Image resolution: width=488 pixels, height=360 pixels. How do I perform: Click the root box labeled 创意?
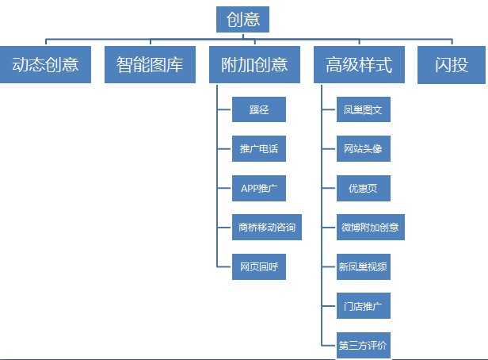point(242,19)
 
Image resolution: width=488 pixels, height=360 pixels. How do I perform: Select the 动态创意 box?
point(45,64)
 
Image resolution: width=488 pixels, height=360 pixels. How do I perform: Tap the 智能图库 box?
point(150,64)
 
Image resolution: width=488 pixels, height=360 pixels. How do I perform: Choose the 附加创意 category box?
point(254,64)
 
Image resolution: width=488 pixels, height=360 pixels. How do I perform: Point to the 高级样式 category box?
point(359,64)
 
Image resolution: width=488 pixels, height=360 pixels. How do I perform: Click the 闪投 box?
point(452,65)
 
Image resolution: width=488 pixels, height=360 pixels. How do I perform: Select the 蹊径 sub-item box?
point(259,109)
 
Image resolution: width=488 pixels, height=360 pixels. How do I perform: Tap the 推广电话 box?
point(259,148)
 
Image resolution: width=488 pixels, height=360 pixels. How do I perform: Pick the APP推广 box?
point(259,188)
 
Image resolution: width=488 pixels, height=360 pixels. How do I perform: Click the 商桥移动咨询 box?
point(267,227)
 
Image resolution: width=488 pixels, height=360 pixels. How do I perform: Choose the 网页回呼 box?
point(259,266)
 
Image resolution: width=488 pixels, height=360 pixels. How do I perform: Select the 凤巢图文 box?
point(364,109)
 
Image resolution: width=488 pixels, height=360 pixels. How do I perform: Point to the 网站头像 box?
point(364,148)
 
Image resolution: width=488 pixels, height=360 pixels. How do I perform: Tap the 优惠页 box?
point(364,188)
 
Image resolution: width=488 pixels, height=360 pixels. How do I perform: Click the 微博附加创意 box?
point(371,227)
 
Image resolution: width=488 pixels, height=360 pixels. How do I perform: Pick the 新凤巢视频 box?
point(364,266)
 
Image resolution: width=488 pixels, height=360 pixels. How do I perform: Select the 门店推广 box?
point(364,305)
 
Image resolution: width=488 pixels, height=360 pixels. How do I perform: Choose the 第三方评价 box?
point(364,346)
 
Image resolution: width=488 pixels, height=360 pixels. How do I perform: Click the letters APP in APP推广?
point(250,189)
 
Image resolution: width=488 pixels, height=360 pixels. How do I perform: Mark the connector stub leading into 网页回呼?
point(224,267)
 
